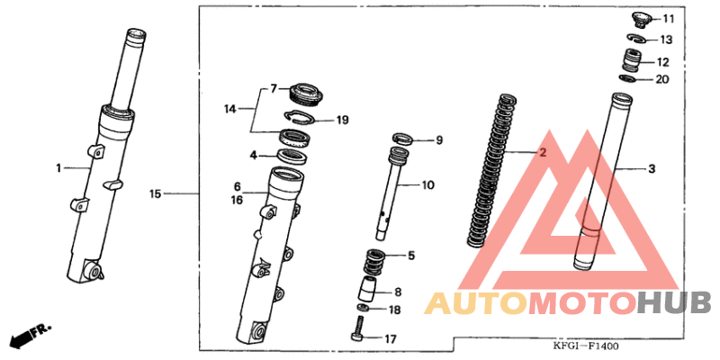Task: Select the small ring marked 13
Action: click(637, 39)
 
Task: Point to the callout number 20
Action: click(662, 79)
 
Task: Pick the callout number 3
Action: click(652, 169)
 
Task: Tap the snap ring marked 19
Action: click(300, 119)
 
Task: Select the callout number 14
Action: click(230, 109)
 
